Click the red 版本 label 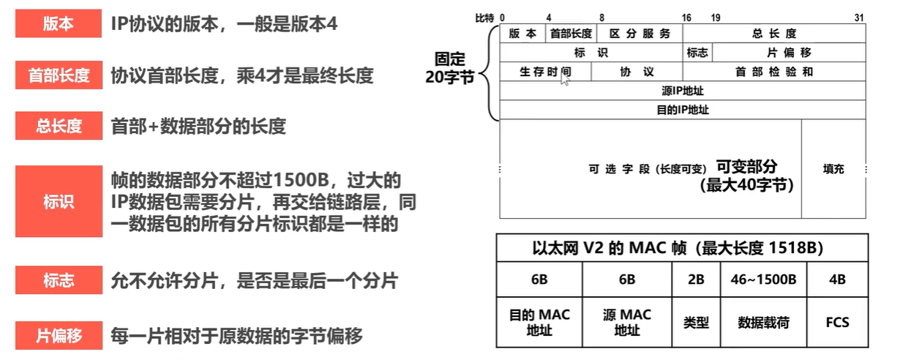click(59, 24)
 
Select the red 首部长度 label click(59, 75)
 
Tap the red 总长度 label click(59, 125)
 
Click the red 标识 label click(59, 201)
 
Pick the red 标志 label click(59, 280)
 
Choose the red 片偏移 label click(59, 336)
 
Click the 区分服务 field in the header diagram click(639, 34)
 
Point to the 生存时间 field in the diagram click(545, 72)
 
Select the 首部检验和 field click(773, 72)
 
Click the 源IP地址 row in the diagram click(682, 91)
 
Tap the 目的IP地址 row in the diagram click(682, 110)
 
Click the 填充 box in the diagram click(833, 169)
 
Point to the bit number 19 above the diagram click(715, 17)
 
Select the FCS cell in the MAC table click(837, 322)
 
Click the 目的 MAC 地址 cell click(539, 322)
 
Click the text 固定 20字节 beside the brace click(450, 68)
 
